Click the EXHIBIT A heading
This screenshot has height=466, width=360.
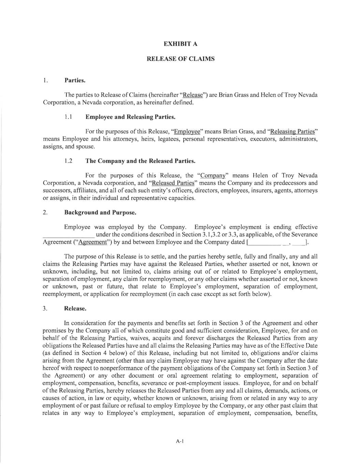(181, 44)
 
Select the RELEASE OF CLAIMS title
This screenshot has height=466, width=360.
(181, 59)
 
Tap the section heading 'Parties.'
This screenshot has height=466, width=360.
(75, 81)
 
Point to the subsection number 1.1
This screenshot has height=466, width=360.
(68, 117)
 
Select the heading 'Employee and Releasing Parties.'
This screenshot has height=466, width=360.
(130, 117)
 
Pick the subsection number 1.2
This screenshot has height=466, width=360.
(68, 161)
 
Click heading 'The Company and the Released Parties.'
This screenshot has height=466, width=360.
(140, 161)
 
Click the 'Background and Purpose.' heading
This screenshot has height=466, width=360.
(100, 213)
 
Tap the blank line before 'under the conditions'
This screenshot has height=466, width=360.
(69, 235)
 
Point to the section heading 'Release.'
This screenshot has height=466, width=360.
(75, 309)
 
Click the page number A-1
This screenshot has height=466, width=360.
(180, 441)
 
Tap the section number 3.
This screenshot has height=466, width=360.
(45, 309)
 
